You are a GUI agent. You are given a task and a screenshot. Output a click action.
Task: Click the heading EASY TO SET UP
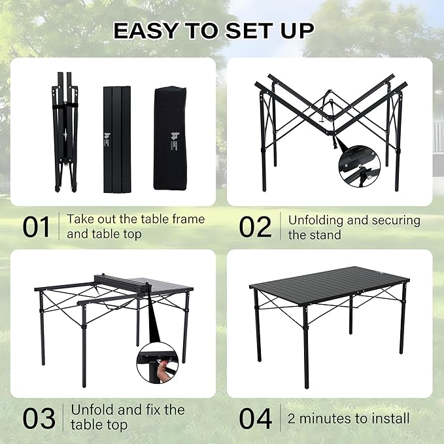coord(213,30)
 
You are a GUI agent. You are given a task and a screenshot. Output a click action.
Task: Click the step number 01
coord(37,226)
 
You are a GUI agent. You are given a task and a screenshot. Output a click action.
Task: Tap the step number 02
coord(255,226)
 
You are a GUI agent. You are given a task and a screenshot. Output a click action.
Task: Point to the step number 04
coord(255,418)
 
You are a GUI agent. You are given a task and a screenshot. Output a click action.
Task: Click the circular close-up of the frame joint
coord(360,164)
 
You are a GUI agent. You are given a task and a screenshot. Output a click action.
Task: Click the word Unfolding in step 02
coord(318,220)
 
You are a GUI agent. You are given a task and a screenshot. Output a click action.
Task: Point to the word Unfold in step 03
coord(92,410)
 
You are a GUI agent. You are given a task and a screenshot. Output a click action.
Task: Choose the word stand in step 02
coord(326,234)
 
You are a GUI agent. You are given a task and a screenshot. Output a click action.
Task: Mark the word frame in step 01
coord(186,219)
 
